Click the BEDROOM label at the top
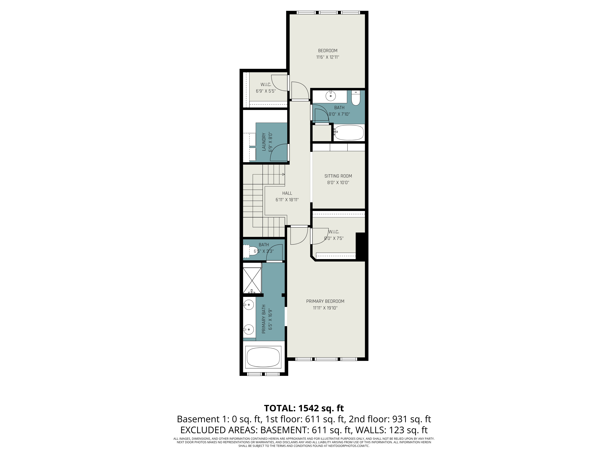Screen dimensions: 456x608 (x=328, y=51)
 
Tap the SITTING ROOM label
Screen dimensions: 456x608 (x=338, y=176)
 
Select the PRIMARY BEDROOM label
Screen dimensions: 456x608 (x=325, y=301)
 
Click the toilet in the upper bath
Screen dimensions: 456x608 (x=356, y=98)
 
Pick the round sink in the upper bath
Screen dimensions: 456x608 (x=330, y=96)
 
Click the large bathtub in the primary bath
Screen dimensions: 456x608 (x=263, y=357)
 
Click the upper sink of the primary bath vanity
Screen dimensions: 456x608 (x=249, y=305)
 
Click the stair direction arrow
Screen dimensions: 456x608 (x=283, y=174)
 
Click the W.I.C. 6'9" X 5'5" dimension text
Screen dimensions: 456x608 (x=266, y=91)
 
